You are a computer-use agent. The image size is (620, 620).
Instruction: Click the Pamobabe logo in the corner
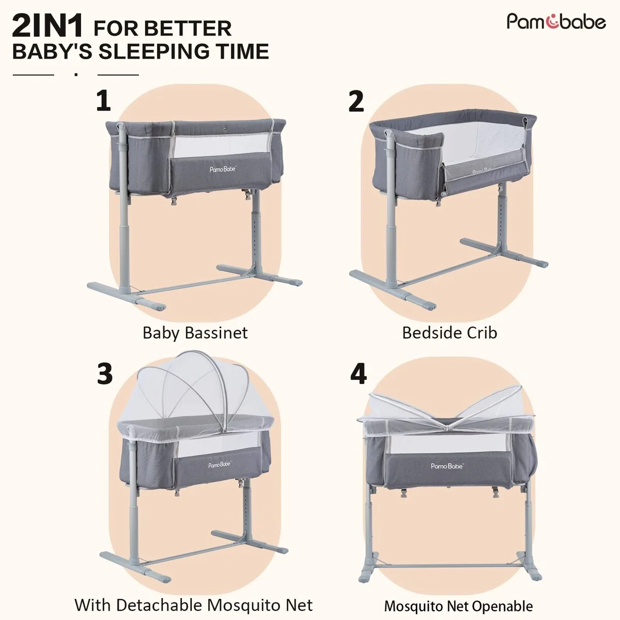pos(556,22)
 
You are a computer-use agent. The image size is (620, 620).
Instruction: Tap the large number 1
pos(103,101)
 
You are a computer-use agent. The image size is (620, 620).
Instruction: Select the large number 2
pos(356,101)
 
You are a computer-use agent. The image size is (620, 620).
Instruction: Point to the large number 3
pos(105,374)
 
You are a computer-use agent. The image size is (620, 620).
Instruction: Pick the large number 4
pos(359,374)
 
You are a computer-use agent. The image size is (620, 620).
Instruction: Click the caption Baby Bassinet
pos(195,333)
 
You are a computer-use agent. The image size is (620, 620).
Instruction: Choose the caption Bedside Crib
pos(450,333)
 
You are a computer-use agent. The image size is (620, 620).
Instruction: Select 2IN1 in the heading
pos(48,27)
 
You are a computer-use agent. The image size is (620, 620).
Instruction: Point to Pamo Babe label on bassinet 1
pos(223,169)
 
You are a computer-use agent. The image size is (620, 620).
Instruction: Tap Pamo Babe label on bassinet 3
pos(220,465)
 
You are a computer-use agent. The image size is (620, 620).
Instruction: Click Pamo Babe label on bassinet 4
pos(447,466)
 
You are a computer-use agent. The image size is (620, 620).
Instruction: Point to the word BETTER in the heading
pos(197,29)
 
